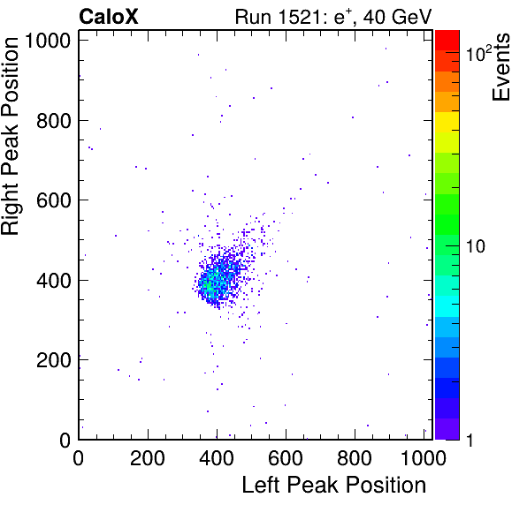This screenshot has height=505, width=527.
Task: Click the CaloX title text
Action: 109,17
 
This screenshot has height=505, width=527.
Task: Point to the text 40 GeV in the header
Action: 397,17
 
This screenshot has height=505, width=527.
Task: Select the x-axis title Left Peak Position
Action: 334,485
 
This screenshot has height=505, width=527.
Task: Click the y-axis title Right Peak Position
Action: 10,136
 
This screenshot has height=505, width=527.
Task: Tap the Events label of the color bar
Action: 500,67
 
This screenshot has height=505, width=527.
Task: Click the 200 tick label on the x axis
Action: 148,457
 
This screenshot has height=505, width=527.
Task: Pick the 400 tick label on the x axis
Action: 217,457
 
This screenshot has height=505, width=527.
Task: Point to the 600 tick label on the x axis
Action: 286,457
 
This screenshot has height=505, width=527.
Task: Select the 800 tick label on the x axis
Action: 355,457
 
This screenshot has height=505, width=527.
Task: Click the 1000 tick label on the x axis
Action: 424,457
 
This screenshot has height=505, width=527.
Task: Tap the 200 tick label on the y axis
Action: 54,360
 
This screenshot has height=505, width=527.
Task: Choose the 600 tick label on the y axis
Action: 54,200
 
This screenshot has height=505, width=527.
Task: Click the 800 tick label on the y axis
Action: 54,121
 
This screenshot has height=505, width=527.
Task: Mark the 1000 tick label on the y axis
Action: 48,41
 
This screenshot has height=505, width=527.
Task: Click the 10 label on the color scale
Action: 476,246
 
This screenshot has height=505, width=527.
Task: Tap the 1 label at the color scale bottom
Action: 470,440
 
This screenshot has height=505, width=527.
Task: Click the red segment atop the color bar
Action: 447,41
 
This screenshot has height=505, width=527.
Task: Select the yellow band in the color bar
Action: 447,122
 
